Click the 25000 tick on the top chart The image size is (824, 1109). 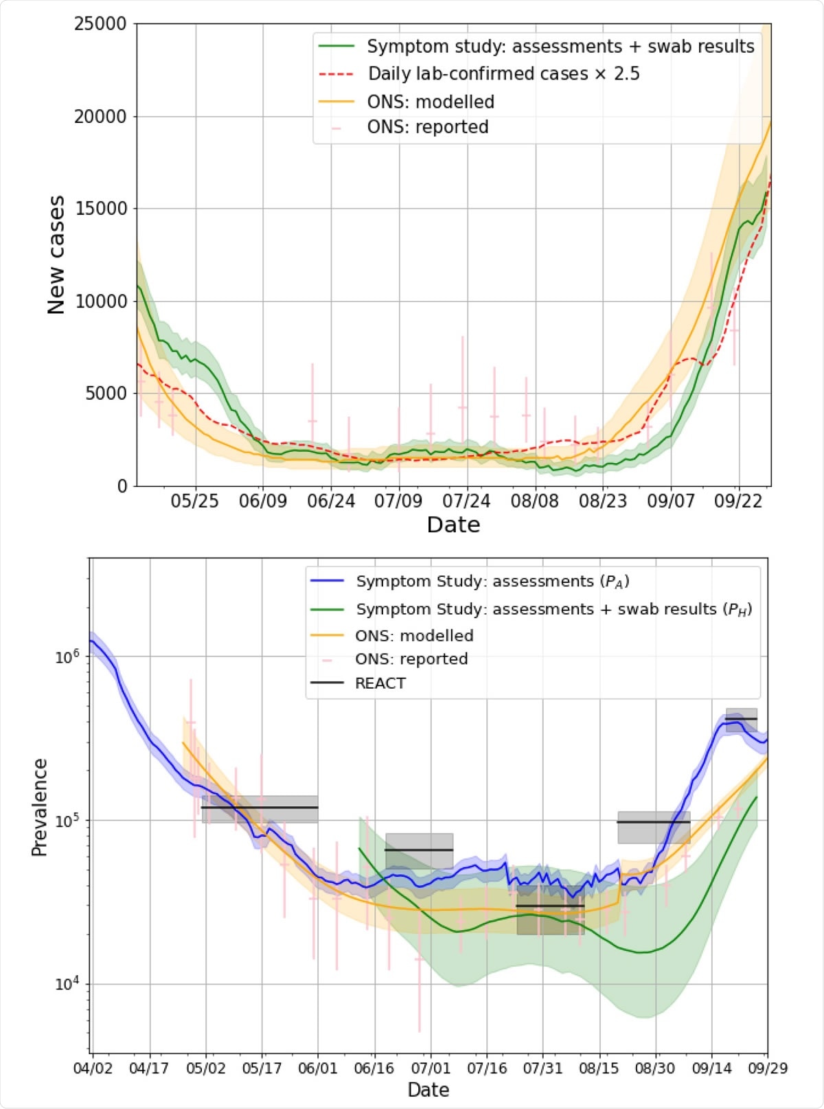tap(100, 24)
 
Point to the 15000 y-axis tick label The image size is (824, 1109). tap(100, 209)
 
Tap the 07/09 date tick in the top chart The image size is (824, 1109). tap(398, 501)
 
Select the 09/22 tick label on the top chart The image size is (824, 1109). tap(738, 501)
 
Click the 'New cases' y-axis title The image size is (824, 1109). tap(56, 255)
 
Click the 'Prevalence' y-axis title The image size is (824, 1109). tap(39, 807)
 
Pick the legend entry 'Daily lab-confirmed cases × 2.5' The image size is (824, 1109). tap(503, 74)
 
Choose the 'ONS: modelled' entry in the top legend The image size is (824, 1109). tap(431, 102)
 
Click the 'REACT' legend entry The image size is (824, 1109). tap(380, 683)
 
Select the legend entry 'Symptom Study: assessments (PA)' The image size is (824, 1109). tap(492, 582)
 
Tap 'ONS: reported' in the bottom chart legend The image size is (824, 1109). tap(411, 659)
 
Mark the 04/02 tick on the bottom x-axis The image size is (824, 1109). tap(93, 1068)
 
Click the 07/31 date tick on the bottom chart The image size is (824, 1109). tap(542, 1068)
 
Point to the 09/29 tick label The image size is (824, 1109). tap(768, 1068)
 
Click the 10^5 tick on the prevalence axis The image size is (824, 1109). tap(67, 820)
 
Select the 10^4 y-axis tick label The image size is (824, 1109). tap(67, 983)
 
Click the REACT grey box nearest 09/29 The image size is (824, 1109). tap(742, 719)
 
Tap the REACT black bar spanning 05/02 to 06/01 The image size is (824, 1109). tap(260, 808)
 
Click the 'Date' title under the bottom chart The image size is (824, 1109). tap(428, 1090)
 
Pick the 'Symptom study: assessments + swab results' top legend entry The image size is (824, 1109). tap(560, 47)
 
